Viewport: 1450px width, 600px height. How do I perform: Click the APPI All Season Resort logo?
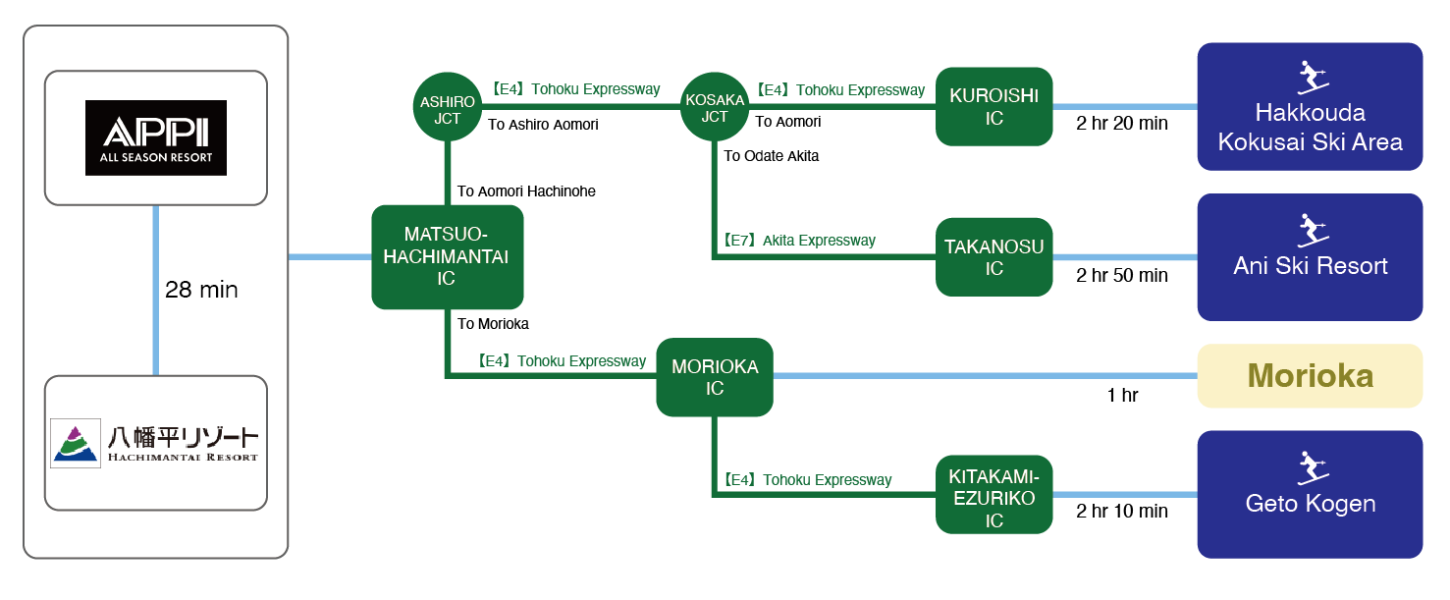156,137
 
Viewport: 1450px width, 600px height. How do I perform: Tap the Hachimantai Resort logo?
156,444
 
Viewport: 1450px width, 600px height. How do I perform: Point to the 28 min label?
200,290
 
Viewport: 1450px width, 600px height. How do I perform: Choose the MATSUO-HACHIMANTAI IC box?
447,256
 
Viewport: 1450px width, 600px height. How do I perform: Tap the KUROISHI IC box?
994,106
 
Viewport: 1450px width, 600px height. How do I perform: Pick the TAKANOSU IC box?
994,257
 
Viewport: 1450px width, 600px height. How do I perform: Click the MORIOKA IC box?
715,377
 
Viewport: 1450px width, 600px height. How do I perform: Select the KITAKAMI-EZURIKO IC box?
994,495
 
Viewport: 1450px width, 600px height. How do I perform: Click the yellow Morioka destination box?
1310,376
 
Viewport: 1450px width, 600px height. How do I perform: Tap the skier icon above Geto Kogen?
1310,466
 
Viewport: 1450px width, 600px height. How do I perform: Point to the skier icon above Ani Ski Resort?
1310,230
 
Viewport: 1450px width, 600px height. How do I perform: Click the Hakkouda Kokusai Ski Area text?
1310,128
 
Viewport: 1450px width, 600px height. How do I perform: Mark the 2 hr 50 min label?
1122,275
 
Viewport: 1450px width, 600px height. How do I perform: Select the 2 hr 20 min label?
1122,124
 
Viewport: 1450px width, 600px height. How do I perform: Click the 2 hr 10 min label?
1122,511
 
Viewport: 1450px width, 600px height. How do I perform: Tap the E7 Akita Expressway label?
799,241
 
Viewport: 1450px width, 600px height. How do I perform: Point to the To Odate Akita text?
772,156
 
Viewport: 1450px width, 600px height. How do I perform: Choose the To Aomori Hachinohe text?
526,191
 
